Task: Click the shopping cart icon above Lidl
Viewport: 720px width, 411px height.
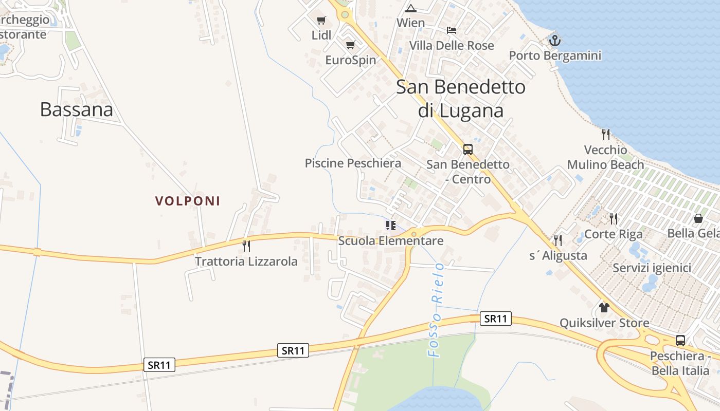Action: pyautogui.click(x=321, y=20)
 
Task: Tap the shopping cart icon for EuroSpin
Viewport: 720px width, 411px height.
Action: pyautogui.click(x=351, y=45)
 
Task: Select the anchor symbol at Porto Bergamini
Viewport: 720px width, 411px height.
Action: pyautogui.click(x=554, y=40)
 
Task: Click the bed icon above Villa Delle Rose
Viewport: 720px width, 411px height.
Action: pyautogui.click(x=452, y=30)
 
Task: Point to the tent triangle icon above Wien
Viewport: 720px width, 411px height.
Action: pyautogui.click(x=410, y=8)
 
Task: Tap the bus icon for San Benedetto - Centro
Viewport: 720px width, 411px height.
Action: pyautogui.click(x=467, y=150)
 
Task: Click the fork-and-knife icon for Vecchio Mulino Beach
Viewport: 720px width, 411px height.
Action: pyautogui.click(x=606, y=135)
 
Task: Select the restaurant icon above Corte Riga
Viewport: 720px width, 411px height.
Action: pyautogui.click(x=613, y=219)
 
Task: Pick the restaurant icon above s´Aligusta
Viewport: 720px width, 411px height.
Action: pyautogui.click(x=557, y=240)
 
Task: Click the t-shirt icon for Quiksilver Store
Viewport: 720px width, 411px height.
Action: pyautogui.click(x=604, y=308)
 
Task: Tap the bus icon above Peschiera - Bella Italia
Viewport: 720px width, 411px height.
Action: pyautogui.click(x=680, y=340)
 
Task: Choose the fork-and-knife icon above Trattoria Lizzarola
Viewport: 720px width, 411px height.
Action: pyautogui.click(x=246, y=246)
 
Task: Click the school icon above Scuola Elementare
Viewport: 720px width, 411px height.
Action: pyautogui.click(x=391, y=226)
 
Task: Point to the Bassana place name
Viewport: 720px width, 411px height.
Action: pyautogui.click(x=76, y=109)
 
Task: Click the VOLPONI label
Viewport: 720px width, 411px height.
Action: pyautogui.click(x=188, y=201)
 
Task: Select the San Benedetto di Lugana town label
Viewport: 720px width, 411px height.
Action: pyautogui.click(x=461, y=99)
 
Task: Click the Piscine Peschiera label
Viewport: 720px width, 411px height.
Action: pyautogui.click(x=353, y=163)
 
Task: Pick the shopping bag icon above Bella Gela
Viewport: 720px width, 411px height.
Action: pyautogui.click(x=698, y=218)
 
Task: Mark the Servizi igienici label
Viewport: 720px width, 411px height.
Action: pyautogui.click(x=652, y=268)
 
